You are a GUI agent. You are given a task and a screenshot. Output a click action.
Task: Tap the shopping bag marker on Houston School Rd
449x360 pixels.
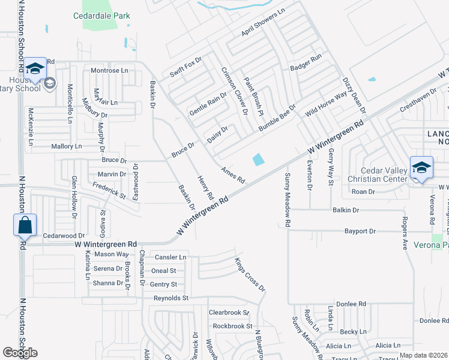click(25, 226)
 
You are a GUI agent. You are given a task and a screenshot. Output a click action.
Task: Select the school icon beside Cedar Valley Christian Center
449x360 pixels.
click(421, 167)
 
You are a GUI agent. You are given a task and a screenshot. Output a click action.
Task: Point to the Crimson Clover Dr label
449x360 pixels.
click(235, 90)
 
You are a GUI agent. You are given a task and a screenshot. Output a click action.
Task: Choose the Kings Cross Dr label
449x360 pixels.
click(250, 274)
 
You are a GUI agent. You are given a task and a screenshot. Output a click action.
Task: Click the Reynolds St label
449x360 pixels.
click(171, 298)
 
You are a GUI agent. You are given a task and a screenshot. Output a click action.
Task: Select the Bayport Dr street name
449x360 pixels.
click(360, 231)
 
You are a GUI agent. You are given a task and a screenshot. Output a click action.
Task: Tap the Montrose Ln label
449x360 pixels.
click(110, 71)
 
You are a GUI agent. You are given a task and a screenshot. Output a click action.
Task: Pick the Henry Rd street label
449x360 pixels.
click(205, 187)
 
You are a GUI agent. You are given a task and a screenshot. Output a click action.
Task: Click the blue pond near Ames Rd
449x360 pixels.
click(258, 160)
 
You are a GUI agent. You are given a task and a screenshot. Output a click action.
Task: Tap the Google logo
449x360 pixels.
click(20, 353)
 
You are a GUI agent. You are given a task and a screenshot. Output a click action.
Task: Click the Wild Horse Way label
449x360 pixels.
click(326, 104)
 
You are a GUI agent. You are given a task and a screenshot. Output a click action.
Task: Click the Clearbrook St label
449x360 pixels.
click(229, 313)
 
